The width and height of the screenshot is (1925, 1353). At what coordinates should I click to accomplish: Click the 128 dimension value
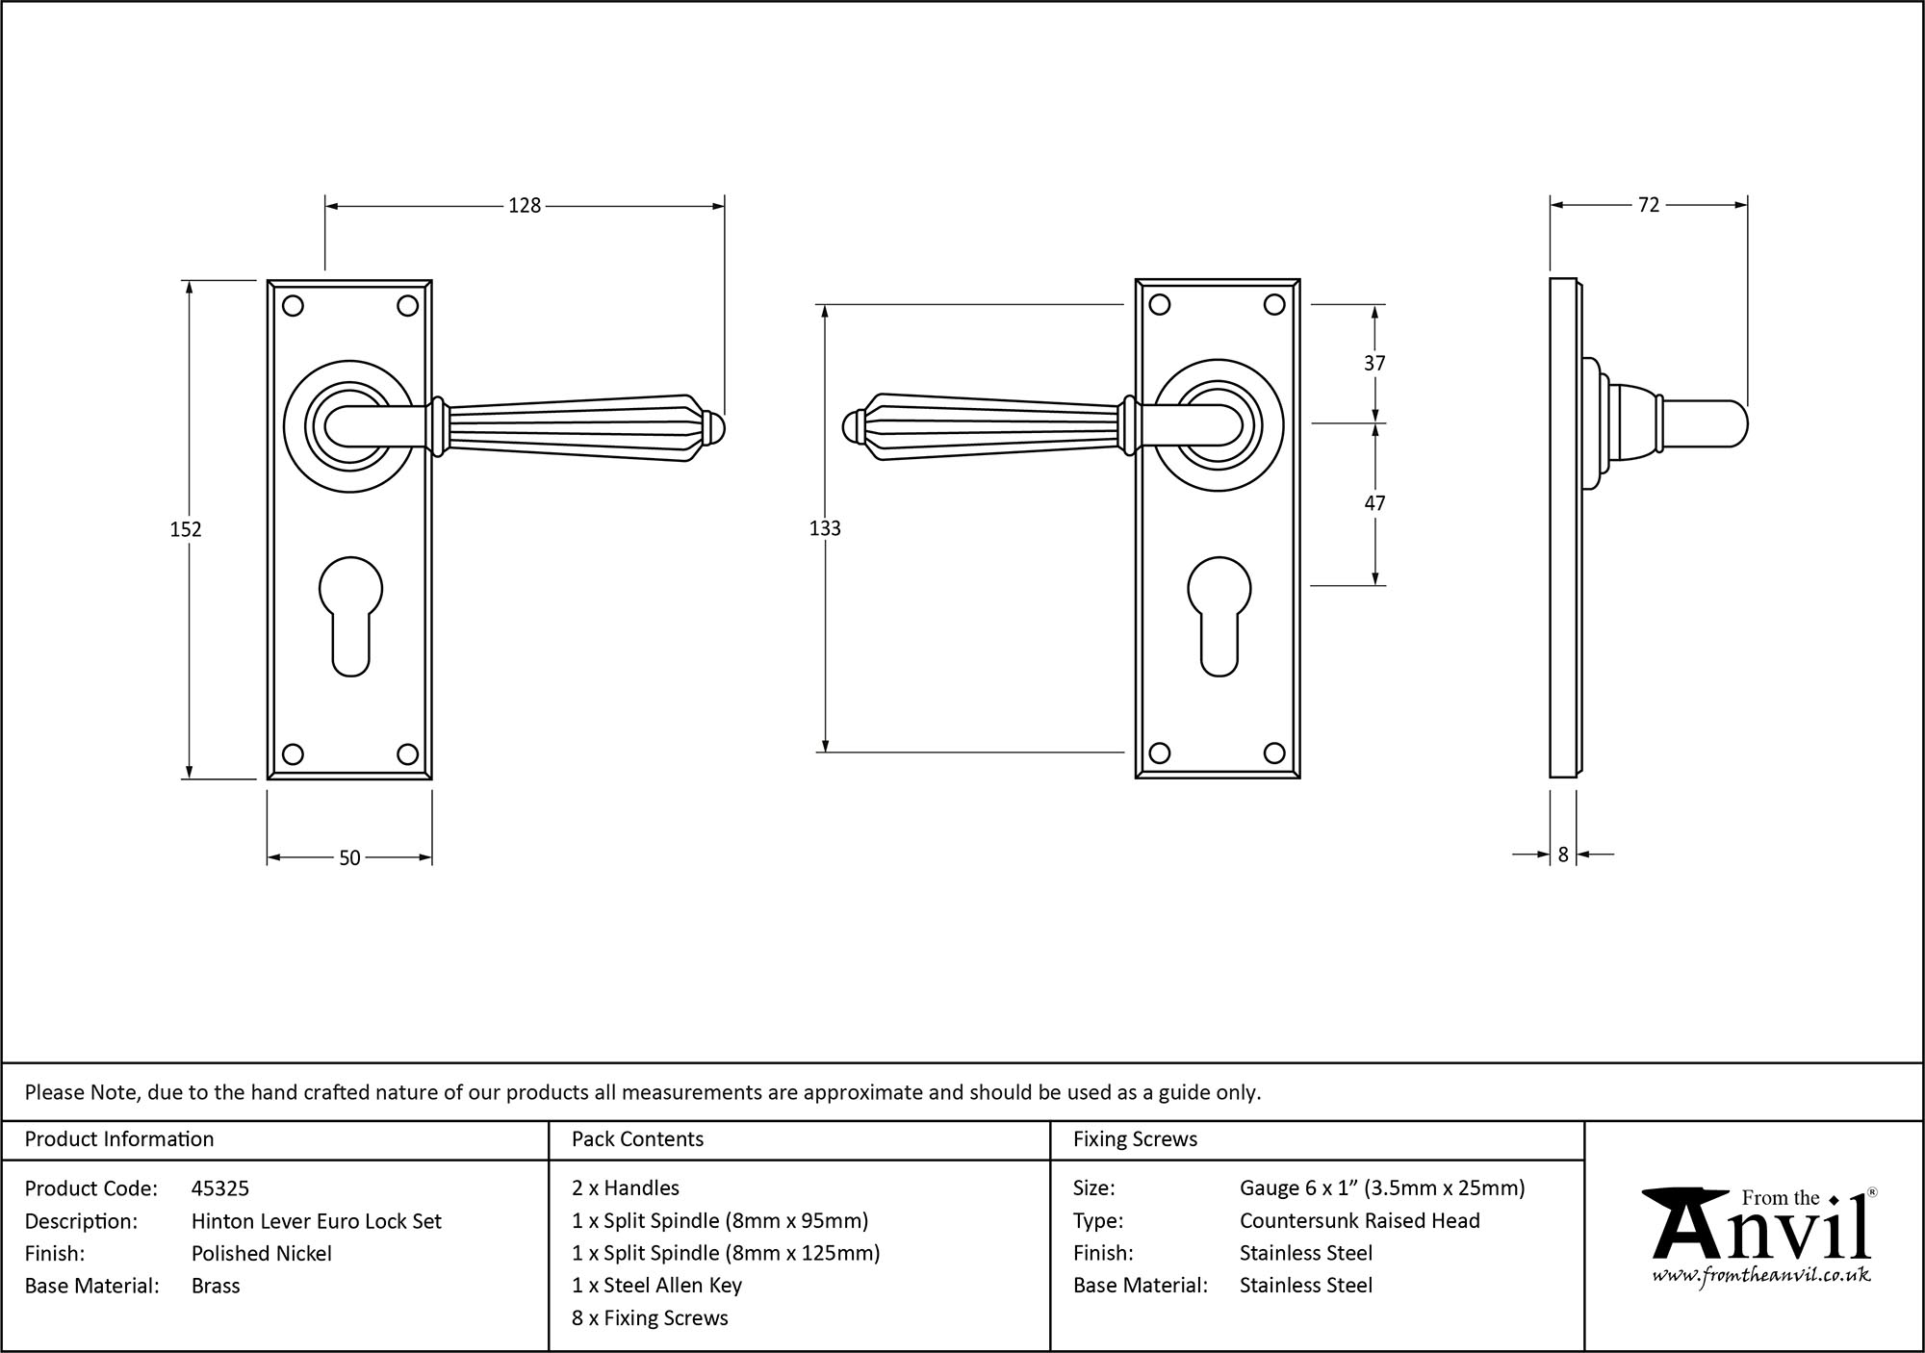pyautogui.click(x=525, y=205)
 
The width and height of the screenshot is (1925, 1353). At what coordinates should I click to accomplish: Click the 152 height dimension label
pyautogui.click(x=186, y=529)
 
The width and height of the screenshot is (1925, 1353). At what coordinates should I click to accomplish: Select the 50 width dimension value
pyautogui.click(x=349, y=857)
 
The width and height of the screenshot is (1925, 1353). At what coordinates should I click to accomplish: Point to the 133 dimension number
pyautogui.click(x=825, y=528)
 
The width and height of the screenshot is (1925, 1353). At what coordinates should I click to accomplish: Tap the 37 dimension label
pyautogui.click(x=1374, y=363)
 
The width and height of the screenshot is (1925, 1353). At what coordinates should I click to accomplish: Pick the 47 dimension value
pyautogui.click(x=1374, y=503)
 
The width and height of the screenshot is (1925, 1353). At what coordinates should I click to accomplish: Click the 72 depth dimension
pyautogui.click(x=1648, y=205)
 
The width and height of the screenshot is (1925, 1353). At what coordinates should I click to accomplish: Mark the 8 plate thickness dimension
pyautogui.click(x=1563, y=854)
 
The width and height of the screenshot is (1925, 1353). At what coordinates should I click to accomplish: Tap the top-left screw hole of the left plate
pyautogui.click(x=294, y=306)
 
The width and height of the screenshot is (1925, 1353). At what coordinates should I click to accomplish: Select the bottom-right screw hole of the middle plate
pyautogui.click(x=1274, y=753)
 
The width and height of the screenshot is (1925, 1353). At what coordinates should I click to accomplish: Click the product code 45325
pyautogui.click(x=220, y=1188)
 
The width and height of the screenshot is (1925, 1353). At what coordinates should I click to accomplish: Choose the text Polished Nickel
pyautogui.click(x=261, y=1253)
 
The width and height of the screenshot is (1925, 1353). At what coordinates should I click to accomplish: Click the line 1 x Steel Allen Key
pyautogui.click(x=656, y=1285)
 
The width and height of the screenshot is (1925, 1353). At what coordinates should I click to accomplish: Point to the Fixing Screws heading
pyautogui.click(x=1135, y=1139)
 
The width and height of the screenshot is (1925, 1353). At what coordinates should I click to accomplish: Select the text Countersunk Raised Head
pyautogui.click(x=1359, y=1220)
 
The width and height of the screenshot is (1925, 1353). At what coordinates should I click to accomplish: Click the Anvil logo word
pyautogui.click(x=1761, y=1231)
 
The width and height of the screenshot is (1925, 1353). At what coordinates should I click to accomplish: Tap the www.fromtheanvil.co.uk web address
pyautogui.click(x=1761, y=1276)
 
